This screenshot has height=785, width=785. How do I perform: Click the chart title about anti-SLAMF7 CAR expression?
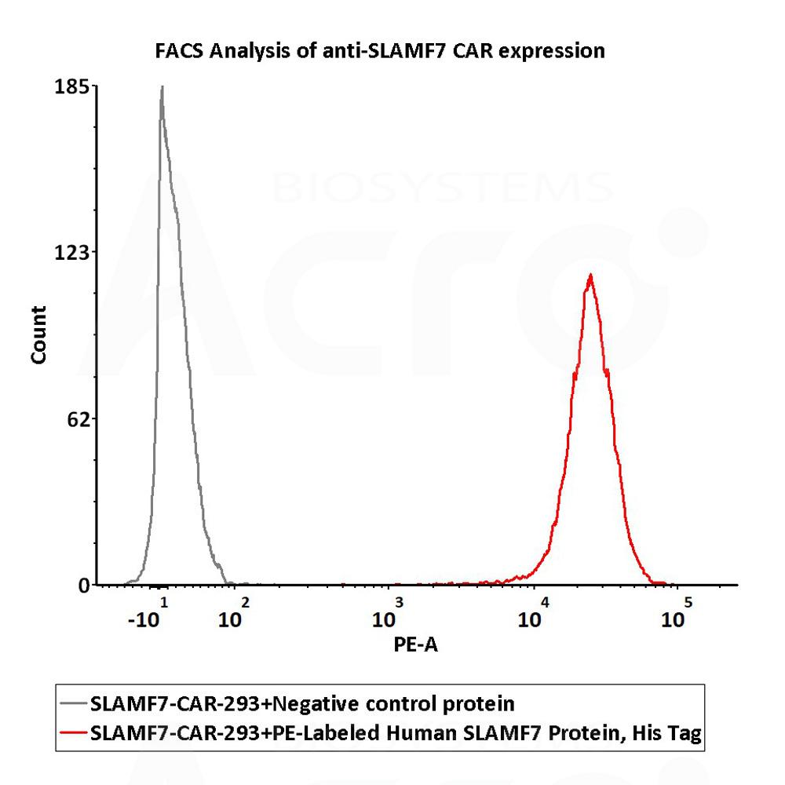379,52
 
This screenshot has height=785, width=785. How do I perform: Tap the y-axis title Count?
38,334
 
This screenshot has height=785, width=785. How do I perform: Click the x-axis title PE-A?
412,644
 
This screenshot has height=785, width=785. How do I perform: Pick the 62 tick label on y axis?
79,418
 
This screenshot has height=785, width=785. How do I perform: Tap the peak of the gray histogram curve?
162,87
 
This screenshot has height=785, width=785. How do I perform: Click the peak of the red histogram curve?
590,276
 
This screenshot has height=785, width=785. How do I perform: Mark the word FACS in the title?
177,52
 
